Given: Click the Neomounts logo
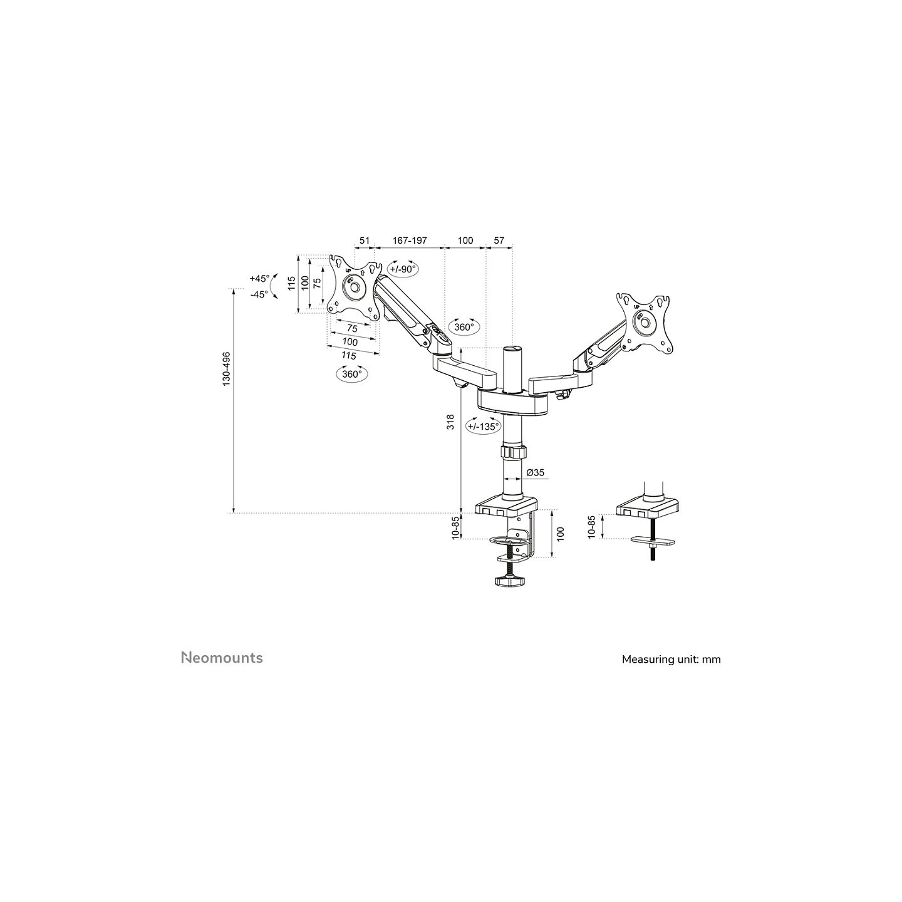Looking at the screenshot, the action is tap(222, 658).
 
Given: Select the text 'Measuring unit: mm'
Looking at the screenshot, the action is tap(671, 660).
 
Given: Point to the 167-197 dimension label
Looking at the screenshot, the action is tap(410, 241).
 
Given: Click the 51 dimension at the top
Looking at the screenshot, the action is tap(364, 241).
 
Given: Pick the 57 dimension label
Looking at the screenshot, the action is tap(499, 241).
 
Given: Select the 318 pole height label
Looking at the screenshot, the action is tap(451, 422).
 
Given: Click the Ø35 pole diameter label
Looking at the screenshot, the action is tap(535, 473).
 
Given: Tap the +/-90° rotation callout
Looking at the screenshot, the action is tap(403, 269).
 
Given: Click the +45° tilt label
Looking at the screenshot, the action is tap(259, 279).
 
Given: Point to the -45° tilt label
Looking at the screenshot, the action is tap(259, 294).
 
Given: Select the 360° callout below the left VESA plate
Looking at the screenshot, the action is tap(352, 374).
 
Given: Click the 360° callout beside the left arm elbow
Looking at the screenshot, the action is tap(464, 327).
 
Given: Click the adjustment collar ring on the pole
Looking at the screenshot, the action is tap(513, 452).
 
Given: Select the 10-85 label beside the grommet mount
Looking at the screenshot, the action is tap(592, 527).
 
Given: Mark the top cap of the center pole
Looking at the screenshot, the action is tap(513, 349).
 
